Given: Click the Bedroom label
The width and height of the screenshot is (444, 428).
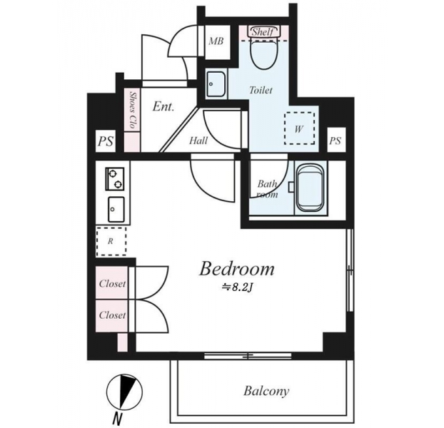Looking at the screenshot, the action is pyautogui.click(x=237, y=269).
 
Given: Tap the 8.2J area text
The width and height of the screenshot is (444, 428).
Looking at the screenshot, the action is pyautogui.click(x=237, y=287).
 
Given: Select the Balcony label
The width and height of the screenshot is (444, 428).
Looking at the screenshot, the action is pyautogui.click(x=266, y=391).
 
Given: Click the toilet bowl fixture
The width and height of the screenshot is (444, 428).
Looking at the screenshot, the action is pyautogui.click(x=263, y=54).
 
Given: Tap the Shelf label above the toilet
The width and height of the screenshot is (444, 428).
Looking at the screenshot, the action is pyautogui.click(x=263, y=31).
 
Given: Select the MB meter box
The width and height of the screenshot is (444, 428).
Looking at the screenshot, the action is pyautogui.click(x=216, y=41).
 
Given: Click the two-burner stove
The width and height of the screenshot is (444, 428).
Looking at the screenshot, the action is pyautogui.click(x=115, y=179).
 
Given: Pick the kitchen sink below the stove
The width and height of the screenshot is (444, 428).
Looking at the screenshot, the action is pyautogui.click(x=116, y=210).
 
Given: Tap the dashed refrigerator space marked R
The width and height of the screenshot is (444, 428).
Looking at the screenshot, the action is pyautogui.click(x=111, y=241).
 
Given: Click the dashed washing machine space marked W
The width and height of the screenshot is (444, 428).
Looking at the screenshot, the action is pyautogui.click(x=300, y=128).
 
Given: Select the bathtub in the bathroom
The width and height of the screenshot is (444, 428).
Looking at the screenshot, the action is pyautogui.click(x=311, y=188).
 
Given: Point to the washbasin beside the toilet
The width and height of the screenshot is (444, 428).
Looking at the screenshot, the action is pyautogui.click(x=216, y=84).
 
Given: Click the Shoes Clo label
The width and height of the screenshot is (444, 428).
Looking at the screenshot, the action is pyautogui.click(x=132, y=110).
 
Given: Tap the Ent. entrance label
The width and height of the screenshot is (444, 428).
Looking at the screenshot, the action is pyautogui.click(x=163, y=107).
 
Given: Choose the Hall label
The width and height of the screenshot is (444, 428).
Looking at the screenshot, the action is pyautogui.click(x=198, y=141).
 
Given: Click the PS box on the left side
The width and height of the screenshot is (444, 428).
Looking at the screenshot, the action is pyautogui.click(x=106, y=141).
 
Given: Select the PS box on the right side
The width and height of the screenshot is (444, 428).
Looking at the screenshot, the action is pyautogui.click(x=335, y=141).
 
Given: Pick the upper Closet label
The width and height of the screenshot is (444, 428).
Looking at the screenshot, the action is pyautogui.click(x=112, y=283).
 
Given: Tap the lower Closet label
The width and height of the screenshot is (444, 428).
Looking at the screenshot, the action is pyautogui.click(x=112, y=315).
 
